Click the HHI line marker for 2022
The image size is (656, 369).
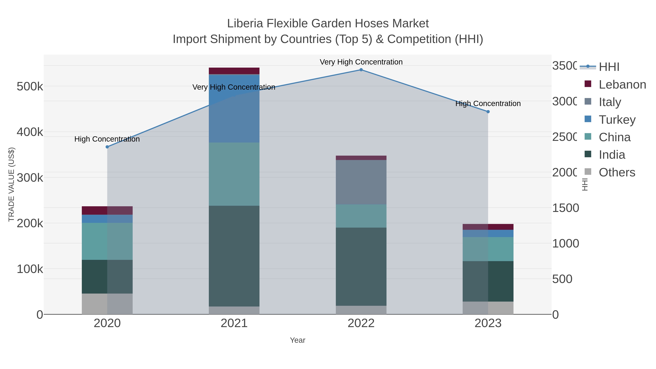[361, 70]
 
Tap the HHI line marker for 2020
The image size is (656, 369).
[107, 147]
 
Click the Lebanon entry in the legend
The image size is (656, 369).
[622, 85]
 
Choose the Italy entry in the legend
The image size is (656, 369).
[610, 102]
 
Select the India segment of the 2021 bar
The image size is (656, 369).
[234, 256]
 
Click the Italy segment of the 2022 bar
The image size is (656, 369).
[361, 182]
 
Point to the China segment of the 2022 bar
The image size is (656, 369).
[361, 216]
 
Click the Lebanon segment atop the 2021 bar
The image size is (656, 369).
[234, 71]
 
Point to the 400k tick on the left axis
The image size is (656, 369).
[30, 132]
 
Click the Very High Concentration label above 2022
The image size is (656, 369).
[361, 62]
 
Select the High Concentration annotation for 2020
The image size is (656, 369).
[107, 139]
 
